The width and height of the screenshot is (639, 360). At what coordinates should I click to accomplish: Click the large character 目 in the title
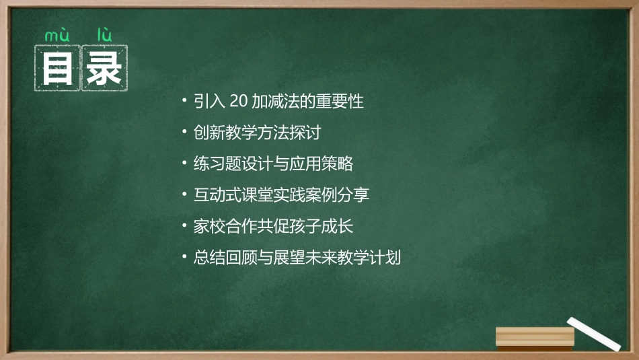58,67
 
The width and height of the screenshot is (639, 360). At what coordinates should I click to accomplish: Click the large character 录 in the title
104,67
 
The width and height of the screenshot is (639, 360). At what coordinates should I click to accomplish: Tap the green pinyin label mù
57,34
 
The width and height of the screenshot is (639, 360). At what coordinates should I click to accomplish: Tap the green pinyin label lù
104,34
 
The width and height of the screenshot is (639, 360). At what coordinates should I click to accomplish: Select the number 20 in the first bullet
239,102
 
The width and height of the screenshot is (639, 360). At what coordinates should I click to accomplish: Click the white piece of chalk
594,334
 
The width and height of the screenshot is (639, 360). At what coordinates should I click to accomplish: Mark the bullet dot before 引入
185,102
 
